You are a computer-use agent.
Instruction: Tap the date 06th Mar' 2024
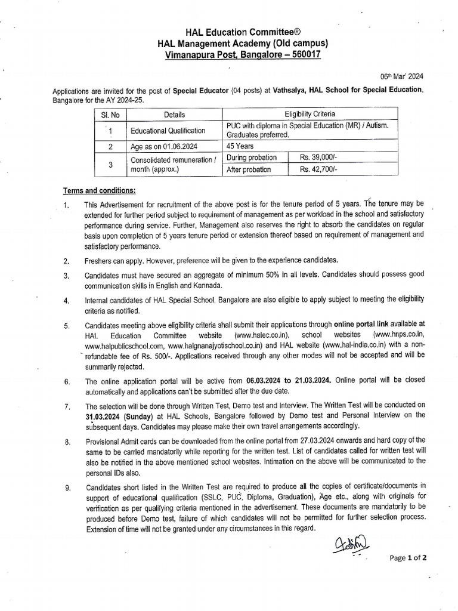(402, 76)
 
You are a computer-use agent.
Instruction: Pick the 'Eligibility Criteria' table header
(310, 114)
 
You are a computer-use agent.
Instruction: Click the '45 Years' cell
(241, 145)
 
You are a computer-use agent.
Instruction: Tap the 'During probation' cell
(252, 158)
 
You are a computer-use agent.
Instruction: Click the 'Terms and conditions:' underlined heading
(100, 190)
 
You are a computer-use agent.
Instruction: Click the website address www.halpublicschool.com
(124, 345)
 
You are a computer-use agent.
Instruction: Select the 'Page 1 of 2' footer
(408, 558)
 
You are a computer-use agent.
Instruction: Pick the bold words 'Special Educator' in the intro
(201, 91)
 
